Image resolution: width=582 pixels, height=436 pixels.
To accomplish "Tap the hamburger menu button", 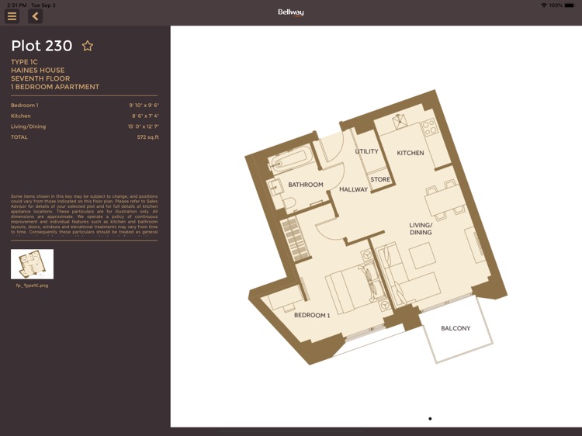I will click(12, 16).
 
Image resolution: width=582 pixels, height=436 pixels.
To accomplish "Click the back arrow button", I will click(35, 16).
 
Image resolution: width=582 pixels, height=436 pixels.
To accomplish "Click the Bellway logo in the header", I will click(291, 12).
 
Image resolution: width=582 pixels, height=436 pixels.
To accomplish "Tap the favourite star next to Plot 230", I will click(88, 46).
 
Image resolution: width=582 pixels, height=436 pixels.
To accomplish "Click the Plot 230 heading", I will click(42, 46).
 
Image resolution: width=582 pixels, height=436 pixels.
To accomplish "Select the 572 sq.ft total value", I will click(147, 137).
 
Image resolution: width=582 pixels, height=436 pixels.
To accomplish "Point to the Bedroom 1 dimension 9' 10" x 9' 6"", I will click(144, 105).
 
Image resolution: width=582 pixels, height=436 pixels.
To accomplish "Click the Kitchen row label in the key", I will click(21, 116).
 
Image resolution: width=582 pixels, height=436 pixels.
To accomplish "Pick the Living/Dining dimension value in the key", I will click(144, 126).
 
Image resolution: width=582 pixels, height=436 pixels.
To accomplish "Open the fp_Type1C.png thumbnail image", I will click(32, 264).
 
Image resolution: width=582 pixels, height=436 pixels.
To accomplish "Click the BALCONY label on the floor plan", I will click(456, 328).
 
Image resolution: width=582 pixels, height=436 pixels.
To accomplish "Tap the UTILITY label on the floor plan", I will click(367, 151).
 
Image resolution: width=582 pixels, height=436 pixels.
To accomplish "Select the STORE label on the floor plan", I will click(380, 179).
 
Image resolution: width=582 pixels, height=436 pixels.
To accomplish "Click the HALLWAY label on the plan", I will click(354, 189).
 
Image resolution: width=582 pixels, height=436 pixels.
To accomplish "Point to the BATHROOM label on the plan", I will click(306, 185).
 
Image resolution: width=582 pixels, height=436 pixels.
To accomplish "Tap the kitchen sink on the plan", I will click(401, 122).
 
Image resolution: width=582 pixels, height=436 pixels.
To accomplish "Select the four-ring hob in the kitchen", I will click(429, 127).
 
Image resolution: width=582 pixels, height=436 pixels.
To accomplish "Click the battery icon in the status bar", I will click(573, 5).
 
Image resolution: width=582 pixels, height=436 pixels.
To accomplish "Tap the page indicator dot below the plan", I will click(430, 419).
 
